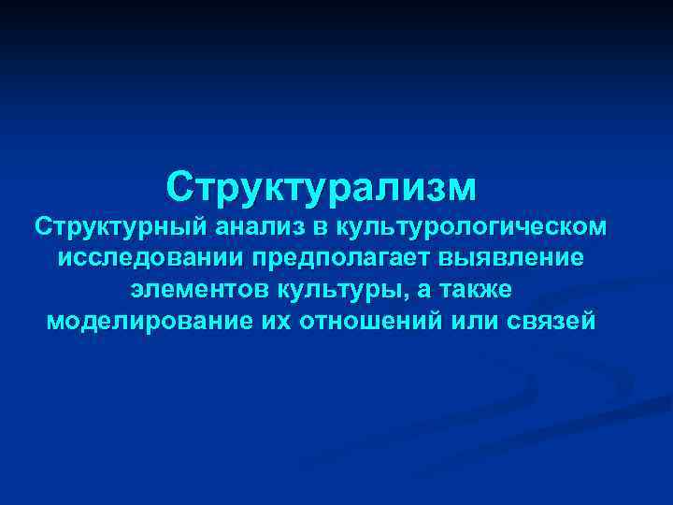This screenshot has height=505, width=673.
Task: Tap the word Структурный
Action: (121, 226)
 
